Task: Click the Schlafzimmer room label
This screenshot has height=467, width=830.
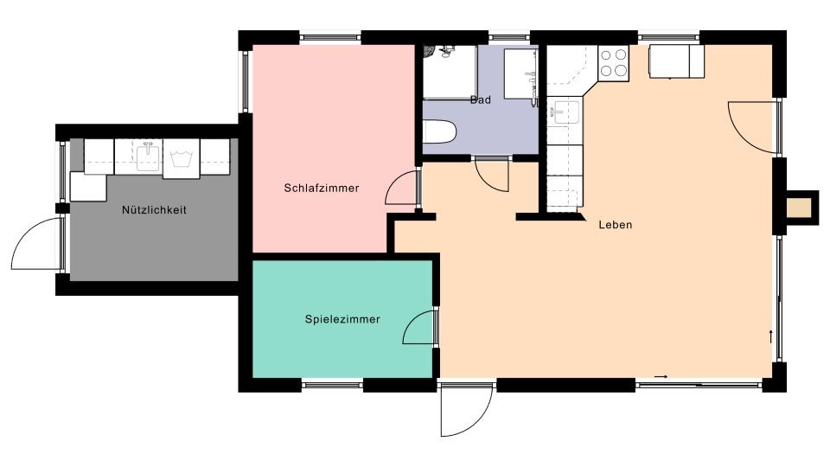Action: [x=322, y=188]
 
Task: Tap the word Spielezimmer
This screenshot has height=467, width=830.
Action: [x=342, y=319]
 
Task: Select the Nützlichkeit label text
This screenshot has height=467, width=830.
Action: [x=154, y=210]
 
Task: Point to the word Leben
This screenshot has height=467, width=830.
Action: [x=615, y=225]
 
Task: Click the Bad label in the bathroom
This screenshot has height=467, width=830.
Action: [x=481, y=100]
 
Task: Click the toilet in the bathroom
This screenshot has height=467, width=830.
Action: [x=439, y=131]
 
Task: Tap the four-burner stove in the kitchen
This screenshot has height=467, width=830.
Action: [x=614, y=63]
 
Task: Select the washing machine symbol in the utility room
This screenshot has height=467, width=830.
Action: [x=181, y=158]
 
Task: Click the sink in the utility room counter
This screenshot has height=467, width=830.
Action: [x=148, y=157]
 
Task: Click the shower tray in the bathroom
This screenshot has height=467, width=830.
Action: [x=450, y=72]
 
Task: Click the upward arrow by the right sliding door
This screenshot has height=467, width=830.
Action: [x=770, y=336]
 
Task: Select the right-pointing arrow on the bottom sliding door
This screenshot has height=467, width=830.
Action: [x=661, y=377]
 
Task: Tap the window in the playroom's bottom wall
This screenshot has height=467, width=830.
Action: [x=332, y=385]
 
